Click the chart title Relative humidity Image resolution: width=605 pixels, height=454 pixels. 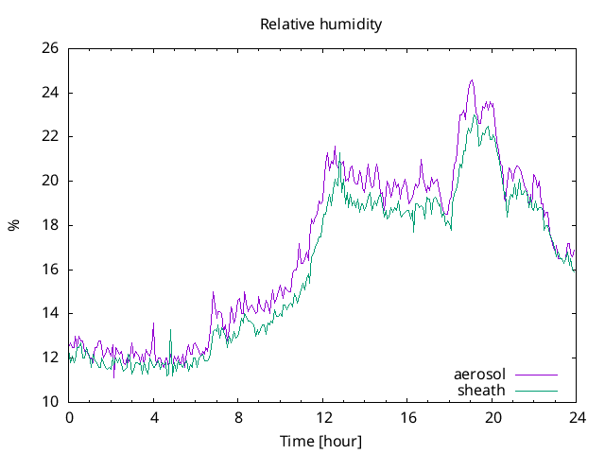pyautogui.click(x=321, y=25)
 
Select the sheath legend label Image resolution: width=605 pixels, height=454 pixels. pyautogui.click(x=481, y=390)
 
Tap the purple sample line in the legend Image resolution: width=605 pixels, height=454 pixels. pyautogui.click(x=536, y=375)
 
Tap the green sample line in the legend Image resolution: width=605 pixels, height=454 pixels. pyautogui.click(x=536, y=390)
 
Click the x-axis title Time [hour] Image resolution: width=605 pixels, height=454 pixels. pyautogui.click(x=321, y=441)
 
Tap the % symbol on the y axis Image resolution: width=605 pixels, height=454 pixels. pyautogui.click(x=14, y=225)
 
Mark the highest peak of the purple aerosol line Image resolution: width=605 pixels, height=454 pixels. pyautogui.click(x=472, y=80)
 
